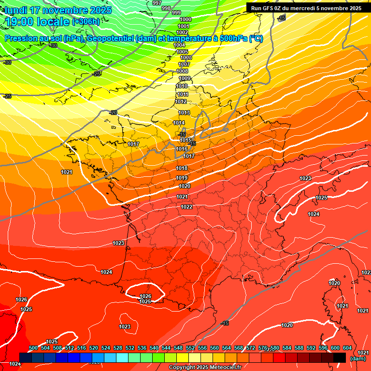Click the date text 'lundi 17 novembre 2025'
pyautogui.click(x=58, y=10)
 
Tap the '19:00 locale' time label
pyautogui.click(x=38, y=21)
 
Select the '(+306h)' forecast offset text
pyautogui.click(x=86, y=22)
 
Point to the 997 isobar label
pyautogui.click(x=157, y=3)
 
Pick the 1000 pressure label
pyautogui.click(x=185, y=19)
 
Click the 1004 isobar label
pyautogui.click(x=179, y=45)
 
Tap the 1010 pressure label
pyautogui.click(x=182, y=86)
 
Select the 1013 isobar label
pyautogui.click(x=184, y=113)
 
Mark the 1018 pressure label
pyautogui.click(x=182, y=168)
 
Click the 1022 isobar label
pyautogui.click(x=187, y=207)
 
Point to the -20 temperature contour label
pyautogui.click(x=113, y=113)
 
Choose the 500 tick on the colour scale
pyautogui.click(x=33, y=348)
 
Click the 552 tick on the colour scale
pyautogui.click(x=190, y=348)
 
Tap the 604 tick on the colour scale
pyautogui.click(x=347, y=348)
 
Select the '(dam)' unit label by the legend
pyautogui.click(x=358, y=358)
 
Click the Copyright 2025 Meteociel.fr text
pyautogui.click(x=205, y=368)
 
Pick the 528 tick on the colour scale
pyautogui.click(x=118, y=348)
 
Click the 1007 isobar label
pyautogui.click(x=184, y=64)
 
